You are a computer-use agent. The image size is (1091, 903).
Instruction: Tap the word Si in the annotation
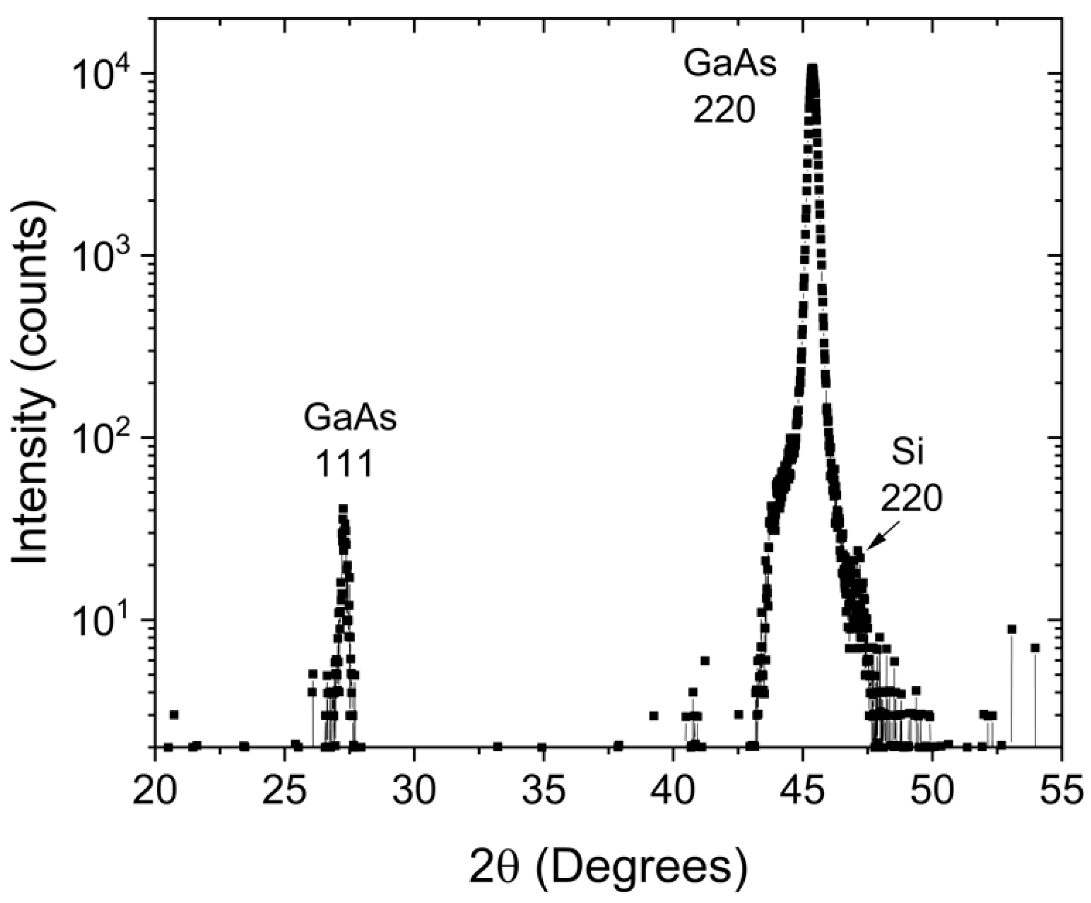coord(908,453)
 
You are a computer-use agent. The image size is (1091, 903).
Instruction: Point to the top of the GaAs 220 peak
coord(812,69)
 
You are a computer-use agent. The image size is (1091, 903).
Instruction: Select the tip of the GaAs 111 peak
coord(343,509)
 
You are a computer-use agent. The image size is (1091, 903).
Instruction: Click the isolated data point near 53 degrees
coord(1011,629)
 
